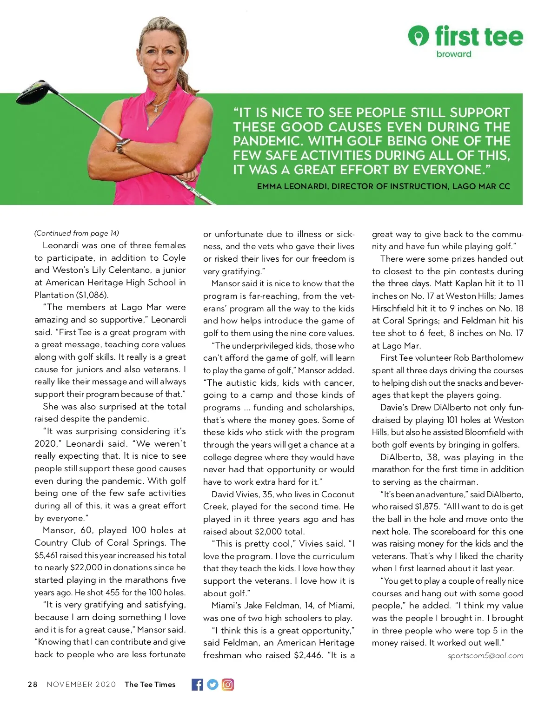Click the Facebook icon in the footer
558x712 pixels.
pos(197,685)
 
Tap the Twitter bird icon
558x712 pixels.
pos(213,685)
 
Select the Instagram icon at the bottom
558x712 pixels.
pos(228,685)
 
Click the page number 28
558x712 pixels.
pos(33,685)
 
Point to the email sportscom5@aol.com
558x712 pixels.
pos(485,656)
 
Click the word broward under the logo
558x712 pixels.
pos(454,54)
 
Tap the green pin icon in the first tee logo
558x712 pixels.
pos(418,35)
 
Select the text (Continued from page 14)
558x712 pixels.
pos(77,233)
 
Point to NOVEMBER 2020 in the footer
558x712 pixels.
pos(81,685)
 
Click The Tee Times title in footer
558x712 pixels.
pos(150,685)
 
